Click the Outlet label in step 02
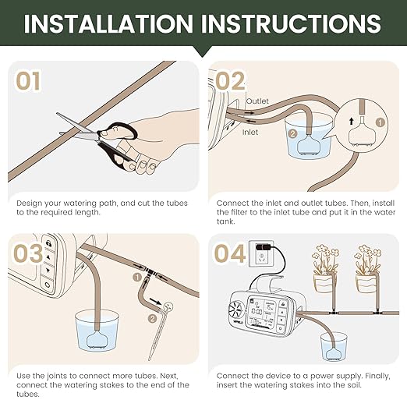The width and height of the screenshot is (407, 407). tap(257, 102)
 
